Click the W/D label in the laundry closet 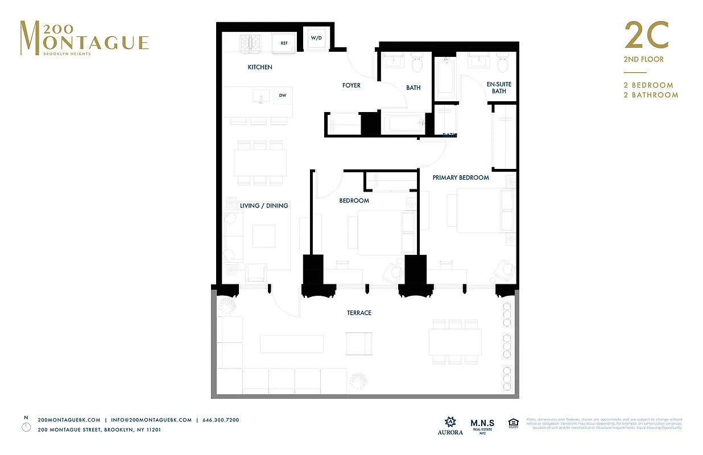(316, 39)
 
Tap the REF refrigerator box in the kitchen (284, 43)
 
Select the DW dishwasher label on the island (283, 96)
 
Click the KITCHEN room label (260, 67)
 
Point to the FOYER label (351, 85)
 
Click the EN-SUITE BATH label (499, 88)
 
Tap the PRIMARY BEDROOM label (461, 177)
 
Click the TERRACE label (359, 313)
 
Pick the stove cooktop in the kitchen (250, 42)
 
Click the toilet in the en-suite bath (503, 64)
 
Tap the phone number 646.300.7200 (221, 420)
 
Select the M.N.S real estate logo (482, 425)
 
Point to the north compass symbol (26, 427)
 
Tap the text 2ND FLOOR (644, 59)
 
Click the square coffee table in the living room (263, 236)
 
